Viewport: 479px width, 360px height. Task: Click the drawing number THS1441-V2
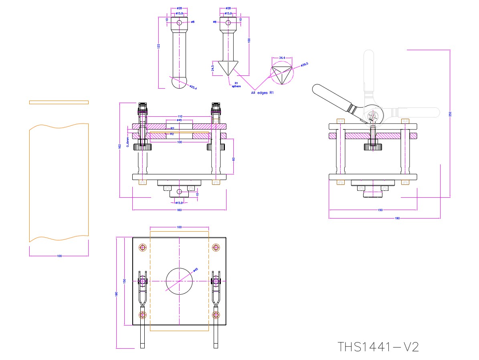click(x=378, y=347)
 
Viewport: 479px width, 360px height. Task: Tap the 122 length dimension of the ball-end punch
click(x=158, y=46)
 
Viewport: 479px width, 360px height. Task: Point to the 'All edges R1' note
click(x=262, y=93)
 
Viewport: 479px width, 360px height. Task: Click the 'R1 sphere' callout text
click(x=236, y=85)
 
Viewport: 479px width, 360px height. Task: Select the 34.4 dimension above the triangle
click(x=282, y=58)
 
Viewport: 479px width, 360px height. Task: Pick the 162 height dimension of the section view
click(x=120, y=146)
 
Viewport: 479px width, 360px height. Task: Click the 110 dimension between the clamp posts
click(x=179, y=117)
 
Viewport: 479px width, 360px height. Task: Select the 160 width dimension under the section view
click(x=179, y=210)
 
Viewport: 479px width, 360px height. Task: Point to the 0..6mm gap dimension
click(x=127, y=140)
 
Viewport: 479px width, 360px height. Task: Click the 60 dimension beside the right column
click(x=233, y=159)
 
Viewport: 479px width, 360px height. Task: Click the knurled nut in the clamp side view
click(x=373, y=147)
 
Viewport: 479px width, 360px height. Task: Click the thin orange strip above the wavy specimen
click(x=59, y=102)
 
